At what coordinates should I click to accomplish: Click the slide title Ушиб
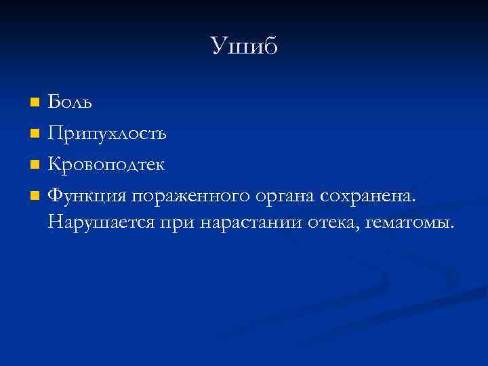coord(244,46)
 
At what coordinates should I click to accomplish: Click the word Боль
coord(70,102)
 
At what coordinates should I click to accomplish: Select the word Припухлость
coord(107,134)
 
